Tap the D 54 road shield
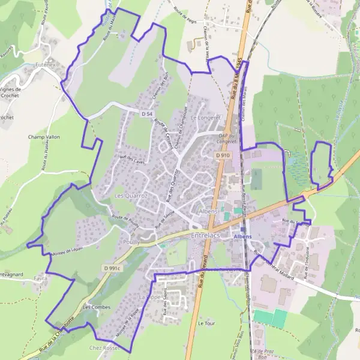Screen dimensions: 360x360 tap(148, 113)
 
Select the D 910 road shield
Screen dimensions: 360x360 tap(223, 155)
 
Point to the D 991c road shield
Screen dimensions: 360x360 tap(112, 268)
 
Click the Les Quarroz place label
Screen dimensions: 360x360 tap(128, 196)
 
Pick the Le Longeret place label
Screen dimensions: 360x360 tap(205, 118)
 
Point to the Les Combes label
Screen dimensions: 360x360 tap(97, 307)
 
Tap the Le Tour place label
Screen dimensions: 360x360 tap(206, 323)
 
